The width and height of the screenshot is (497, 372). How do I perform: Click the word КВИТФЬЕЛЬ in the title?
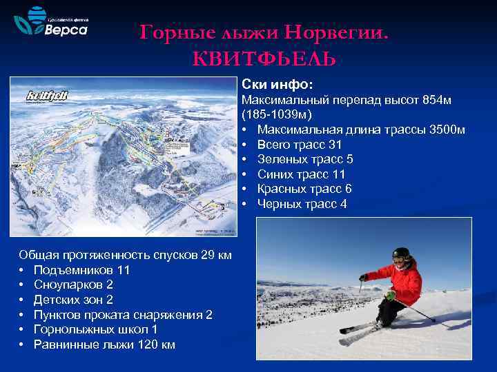264,59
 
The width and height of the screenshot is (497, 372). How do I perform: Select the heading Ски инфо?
277,84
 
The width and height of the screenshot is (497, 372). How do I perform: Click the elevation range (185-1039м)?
276,114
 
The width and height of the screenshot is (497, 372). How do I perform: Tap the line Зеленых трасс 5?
304,159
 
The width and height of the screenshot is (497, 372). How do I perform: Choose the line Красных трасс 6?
304,189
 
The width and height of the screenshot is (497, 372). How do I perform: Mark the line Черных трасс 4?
302,204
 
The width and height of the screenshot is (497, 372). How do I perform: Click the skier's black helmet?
400,254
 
